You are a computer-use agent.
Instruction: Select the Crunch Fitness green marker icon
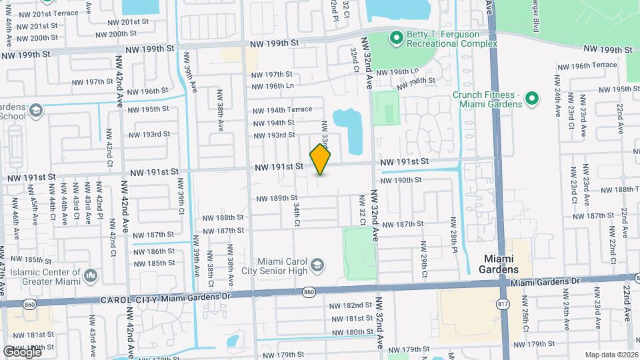[x=531, y=99]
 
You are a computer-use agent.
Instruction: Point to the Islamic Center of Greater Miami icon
[x=91, y=274]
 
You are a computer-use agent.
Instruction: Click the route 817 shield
[x=503, y=303]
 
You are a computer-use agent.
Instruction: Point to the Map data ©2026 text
[x=611, y=355]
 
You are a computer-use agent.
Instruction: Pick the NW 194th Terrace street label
[x=282, y=110]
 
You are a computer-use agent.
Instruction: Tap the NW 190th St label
[x=400, y=180]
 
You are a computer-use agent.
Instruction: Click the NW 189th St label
[x=277, y=198]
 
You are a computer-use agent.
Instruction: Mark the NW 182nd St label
[x=350, y=305]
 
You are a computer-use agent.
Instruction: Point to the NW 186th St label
[x=156, y=252]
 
